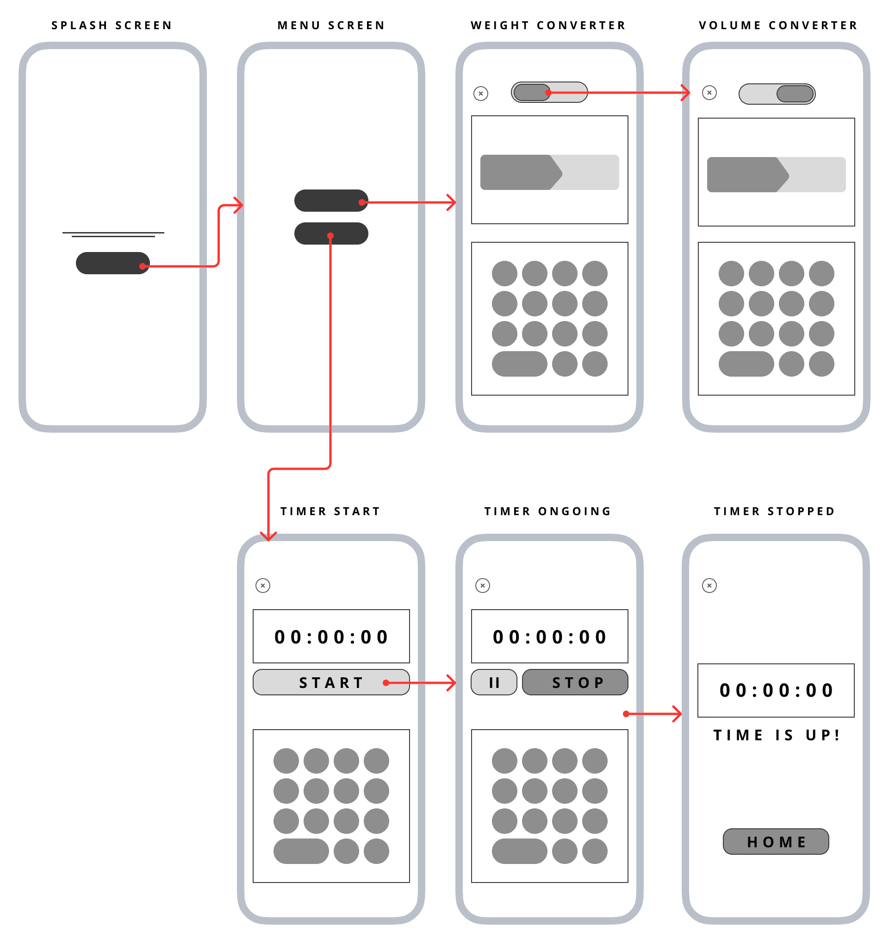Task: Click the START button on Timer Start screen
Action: pyautogui.click(x=330, y=682)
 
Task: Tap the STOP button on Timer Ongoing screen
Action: pyautogui.click(x=575, y=682)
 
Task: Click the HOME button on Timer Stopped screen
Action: pyautogui.click(x=776, y=842)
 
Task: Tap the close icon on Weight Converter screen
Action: pyautogui.click(x=481, y=94)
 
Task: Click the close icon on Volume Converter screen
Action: pyautogui.click(x=709, y=93)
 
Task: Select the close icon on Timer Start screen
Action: pyautogui.click(x=263, y=586)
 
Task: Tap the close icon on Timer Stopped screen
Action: pyautogui.click(x=709, y=586)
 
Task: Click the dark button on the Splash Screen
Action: pyautogui.click(x=112, y=264)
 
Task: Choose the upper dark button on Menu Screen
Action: pyautogui.click(x=330, y=201)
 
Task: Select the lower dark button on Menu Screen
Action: pyautogui.click(x=330, y=233)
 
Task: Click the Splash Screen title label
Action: pyautogui.click(x=112, y=25)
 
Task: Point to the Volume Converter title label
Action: pyautogui.click(x=778, y=25)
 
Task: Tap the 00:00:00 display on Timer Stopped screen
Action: pyautogui.click(x=776, y=691)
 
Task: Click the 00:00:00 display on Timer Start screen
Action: pyautogui.click(x=331, y=637)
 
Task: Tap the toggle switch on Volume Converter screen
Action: pyautogui.click(x=777, y=94)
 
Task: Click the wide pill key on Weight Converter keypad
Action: pyautogui.click(x=519, y=364)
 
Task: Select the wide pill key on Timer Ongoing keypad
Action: pyautogui.click(x=519, y=851)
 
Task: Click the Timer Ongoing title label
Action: pyautogui.click(x=548, y=511)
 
